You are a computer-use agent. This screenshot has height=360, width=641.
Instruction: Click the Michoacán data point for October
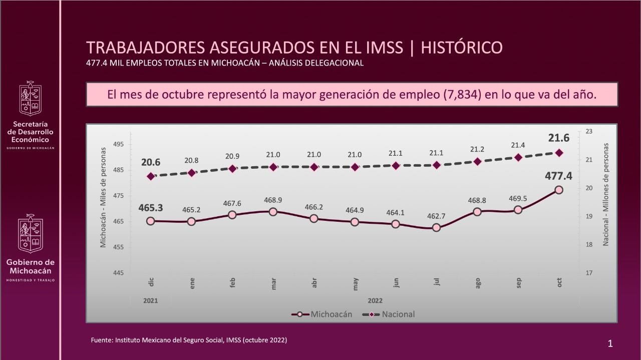pos(559,190)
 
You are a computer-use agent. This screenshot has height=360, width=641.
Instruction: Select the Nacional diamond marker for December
pos(151,176)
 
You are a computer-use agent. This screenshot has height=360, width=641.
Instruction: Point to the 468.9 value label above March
pos(273,200)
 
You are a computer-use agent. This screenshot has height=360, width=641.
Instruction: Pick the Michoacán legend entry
pos(322,314)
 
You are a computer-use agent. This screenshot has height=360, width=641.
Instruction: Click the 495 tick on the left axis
pos(119,145)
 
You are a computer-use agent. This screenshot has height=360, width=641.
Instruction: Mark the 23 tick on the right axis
pos(588,132)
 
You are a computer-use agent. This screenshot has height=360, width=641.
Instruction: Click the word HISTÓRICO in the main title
pos(462,48)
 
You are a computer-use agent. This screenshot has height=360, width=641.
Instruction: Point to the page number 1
pos(610,343)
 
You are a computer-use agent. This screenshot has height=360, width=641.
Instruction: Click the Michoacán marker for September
pos(518,210)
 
